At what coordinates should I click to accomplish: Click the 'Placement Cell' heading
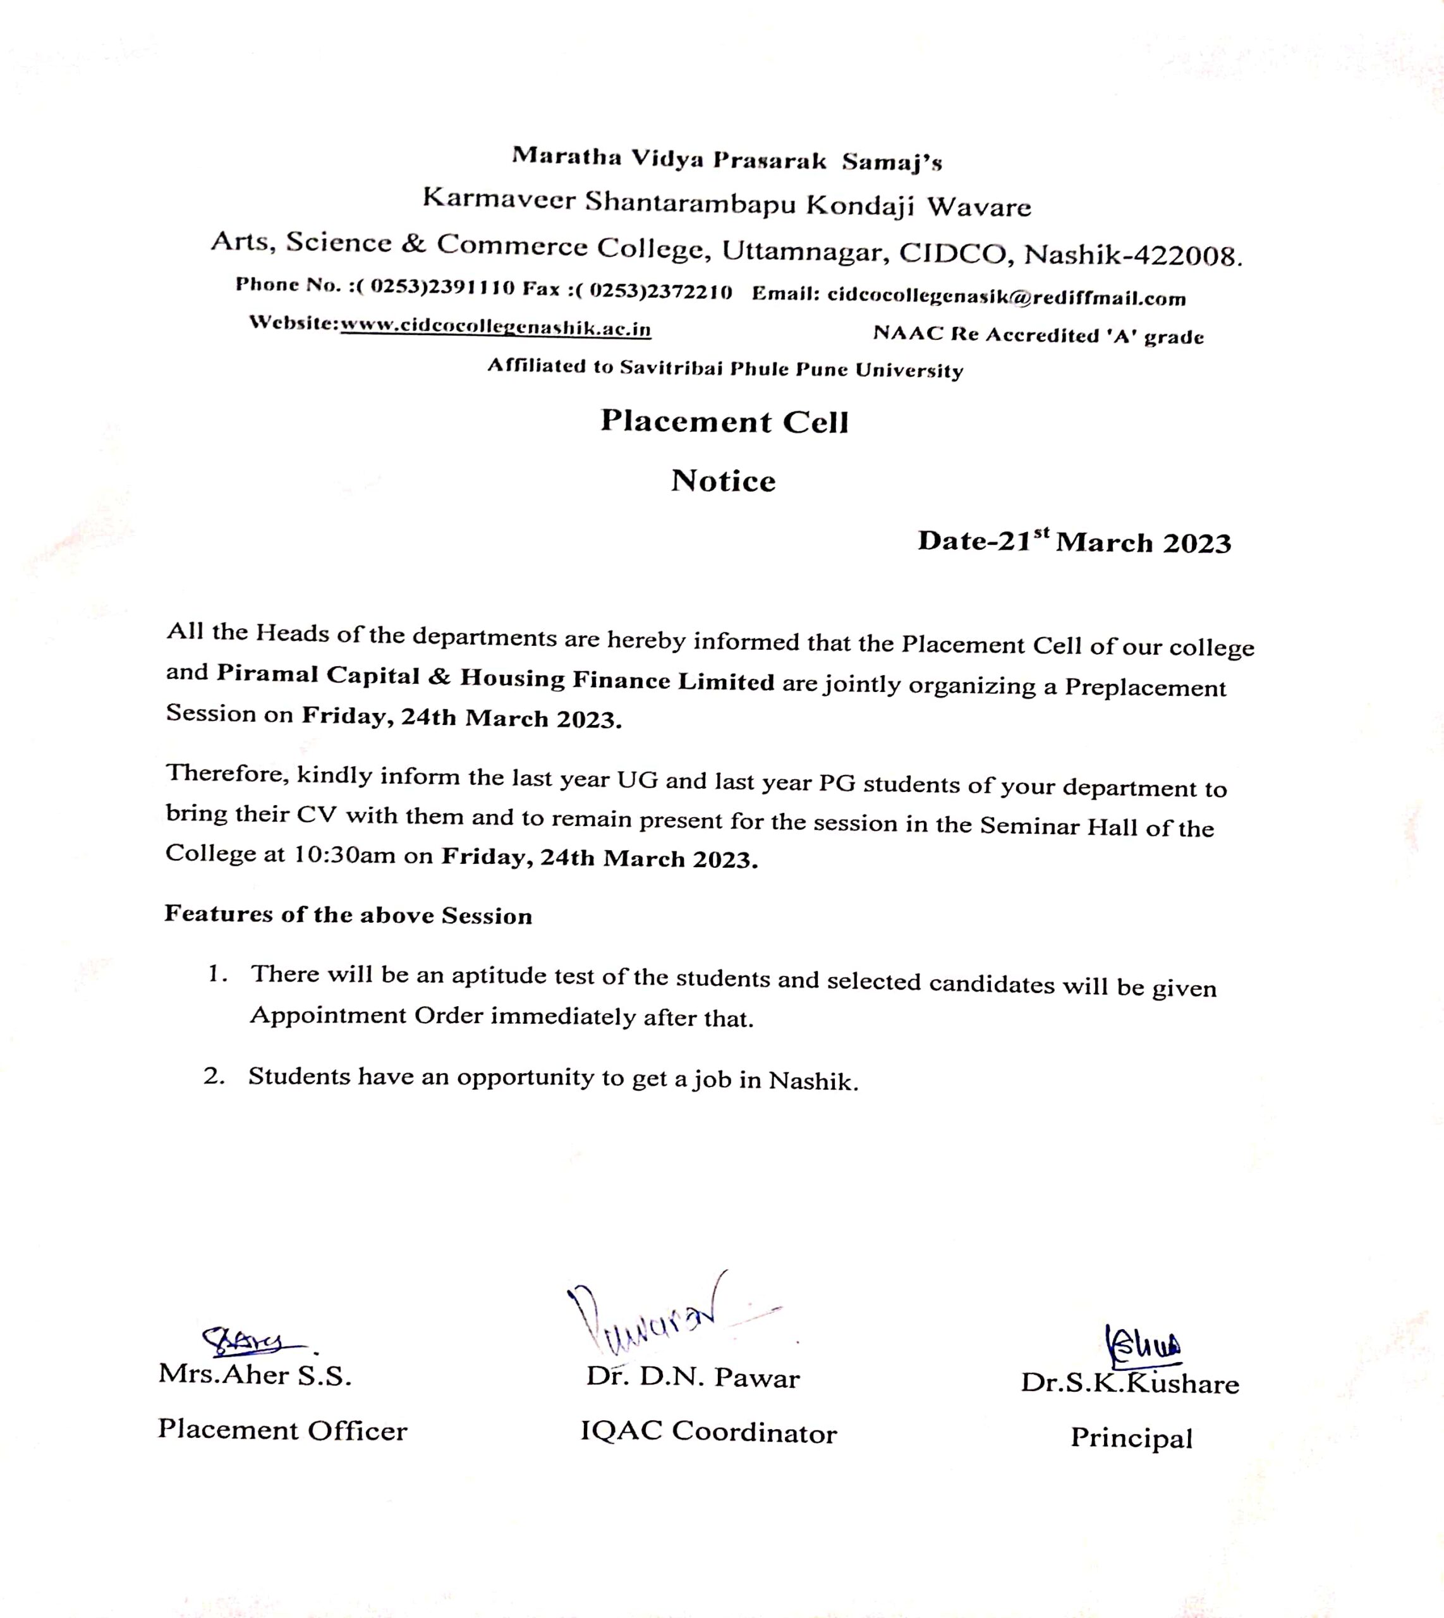pyautogui.click(x=724, y=422)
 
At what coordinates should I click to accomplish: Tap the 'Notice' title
pyautogui.click(x=723, y=481)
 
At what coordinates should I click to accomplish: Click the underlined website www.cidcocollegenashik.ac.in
pyautogui.click(x=496, y=328)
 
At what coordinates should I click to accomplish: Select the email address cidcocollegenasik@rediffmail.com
pyautogui.click(x=1006, y=297)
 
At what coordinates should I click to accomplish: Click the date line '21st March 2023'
pyautogui.click(x=1074, y=542)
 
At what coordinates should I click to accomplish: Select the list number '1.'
pyautogui.click(x=217, y=974)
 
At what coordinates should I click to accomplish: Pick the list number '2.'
pyautogui.click(x=214, y=1076)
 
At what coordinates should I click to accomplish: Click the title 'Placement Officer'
pyautogui.click(x=282, y=1430)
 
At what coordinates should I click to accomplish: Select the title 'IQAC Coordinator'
pyautogui.click(x=708, y=1432)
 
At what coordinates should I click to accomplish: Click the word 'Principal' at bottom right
pyautogui.click(x=1131, y=1438)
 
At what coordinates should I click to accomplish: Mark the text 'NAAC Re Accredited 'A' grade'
pyautogui.click(x=1038, y=335)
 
